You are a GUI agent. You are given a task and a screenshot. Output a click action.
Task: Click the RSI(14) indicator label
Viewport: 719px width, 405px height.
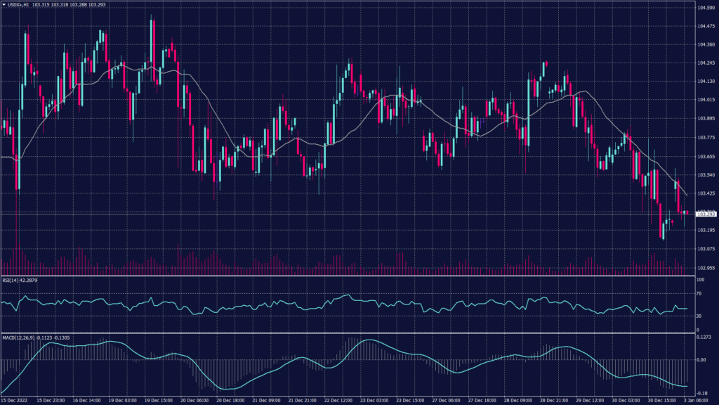(x=19, y=280)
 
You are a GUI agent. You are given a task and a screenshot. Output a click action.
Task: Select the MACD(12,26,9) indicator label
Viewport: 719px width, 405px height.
(x=26, y=337)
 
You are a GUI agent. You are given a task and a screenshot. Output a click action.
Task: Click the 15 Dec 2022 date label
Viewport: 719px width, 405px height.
(x=14, y=400)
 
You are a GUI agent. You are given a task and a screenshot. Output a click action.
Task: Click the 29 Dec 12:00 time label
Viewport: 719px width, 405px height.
(x=591, y=400)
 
